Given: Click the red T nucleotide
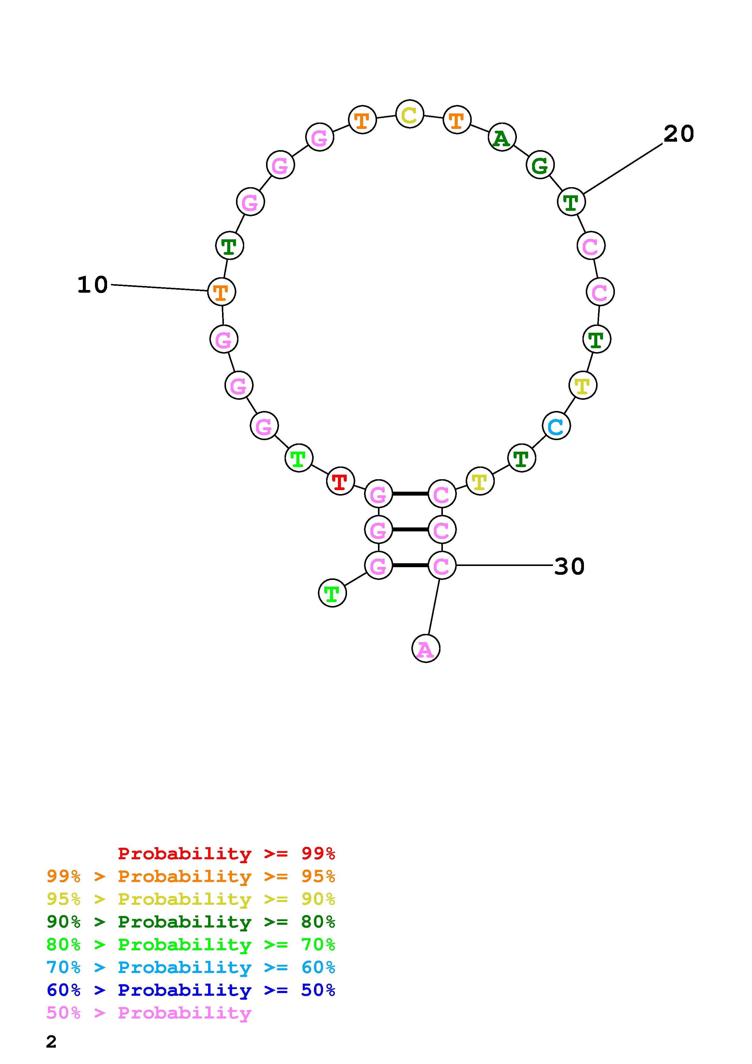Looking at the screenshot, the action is point(341,481).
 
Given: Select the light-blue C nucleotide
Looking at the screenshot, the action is point(556,426).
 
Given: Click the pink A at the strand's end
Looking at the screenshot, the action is point(426,649).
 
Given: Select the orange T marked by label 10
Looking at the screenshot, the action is point(221,291).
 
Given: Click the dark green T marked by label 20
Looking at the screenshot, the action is point(571,202).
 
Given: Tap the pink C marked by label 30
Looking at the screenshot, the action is point(442,565).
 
